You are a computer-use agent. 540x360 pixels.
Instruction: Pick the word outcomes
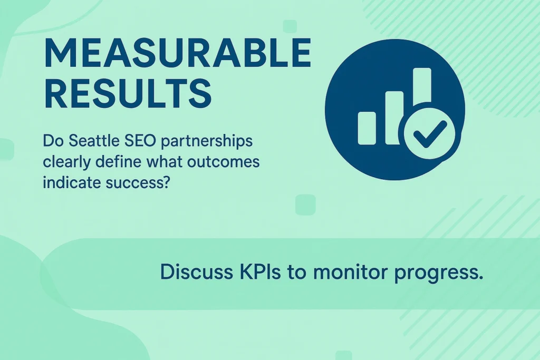[223, 162]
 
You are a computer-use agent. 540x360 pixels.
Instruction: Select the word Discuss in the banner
[197, 272]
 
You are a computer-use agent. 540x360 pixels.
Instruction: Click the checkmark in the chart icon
[429, 133]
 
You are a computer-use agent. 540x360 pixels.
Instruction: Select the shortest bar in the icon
[367, 128]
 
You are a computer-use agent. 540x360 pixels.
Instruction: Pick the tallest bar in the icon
[422, 86]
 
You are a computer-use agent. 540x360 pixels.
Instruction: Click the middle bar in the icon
[394, 118]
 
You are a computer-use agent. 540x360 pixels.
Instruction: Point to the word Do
[53, 141]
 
